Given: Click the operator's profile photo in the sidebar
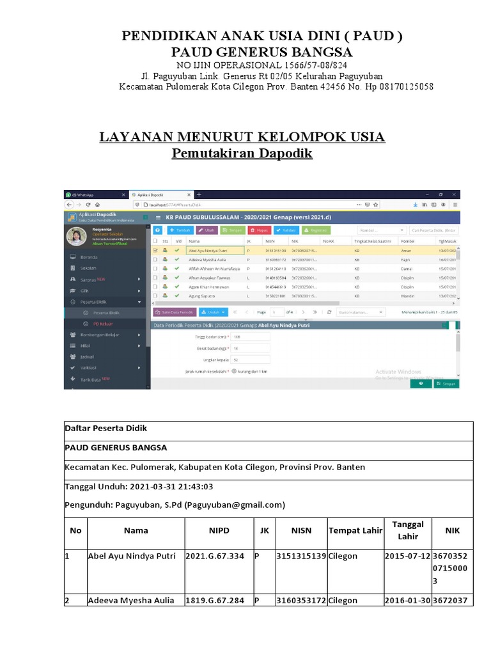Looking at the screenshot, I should (77, 236).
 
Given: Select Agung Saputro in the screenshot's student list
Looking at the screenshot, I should (201, 296).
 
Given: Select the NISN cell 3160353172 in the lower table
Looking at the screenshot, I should (301, 601).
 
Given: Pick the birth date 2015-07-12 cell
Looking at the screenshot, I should (407, 556).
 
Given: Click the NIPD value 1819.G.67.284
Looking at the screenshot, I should (214, 601).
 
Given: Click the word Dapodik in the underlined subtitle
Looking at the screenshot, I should (284, 154).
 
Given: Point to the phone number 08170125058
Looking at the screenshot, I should (400, 86).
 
